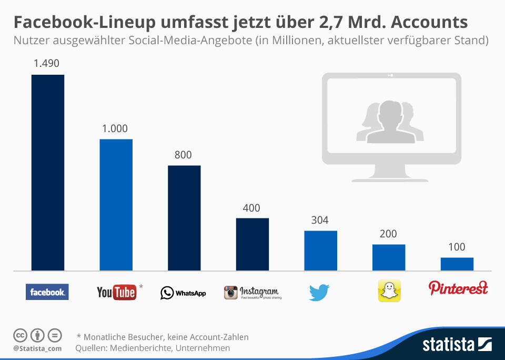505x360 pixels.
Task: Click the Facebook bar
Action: (x=48, y=173)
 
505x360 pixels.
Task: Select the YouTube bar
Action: (x=116, y=205)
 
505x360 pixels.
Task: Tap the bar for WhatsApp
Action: (x=184, y=218)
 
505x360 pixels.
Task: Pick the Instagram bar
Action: (x=252, y=244)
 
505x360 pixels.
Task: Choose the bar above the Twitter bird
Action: (x=321, y=251)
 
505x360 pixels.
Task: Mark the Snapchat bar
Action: (x=389, y=257)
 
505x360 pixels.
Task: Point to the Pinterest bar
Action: (x=457, y=264)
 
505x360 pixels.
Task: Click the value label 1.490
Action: (x=46, y=63)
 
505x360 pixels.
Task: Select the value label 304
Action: (x=320, y=220)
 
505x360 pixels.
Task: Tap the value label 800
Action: (x=183, y=155)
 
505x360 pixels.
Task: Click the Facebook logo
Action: (x=47, y=292)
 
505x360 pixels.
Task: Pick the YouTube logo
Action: (x=117, y=292)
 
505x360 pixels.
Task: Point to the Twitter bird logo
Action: (x=319, y=292)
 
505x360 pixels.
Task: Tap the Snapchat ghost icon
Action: (x=389, y=291)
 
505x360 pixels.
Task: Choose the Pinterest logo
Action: (x=458, y=288)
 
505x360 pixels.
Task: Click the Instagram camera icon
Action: (x=231, y=292)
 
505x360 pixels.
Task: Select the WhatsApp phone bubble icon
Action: (x=167, y=293)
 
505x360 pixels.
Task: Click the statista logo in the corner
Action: (x=457, y=344)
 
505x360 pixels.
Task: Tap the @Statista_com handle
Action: (x=37, y=348)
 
